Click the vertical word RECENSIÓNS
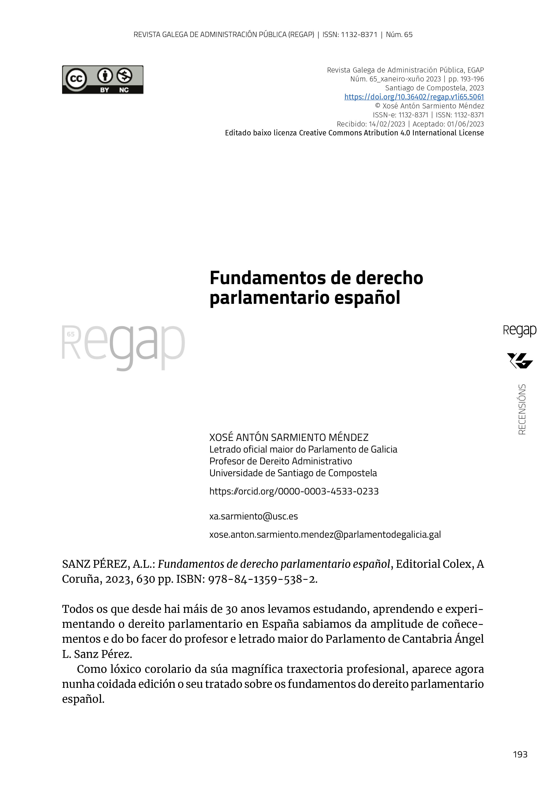522,410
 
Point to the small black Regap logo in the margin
519,331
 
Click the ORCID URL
294,491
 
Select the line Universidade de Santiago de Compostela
293,473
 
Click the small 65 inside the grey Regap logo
71,334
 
